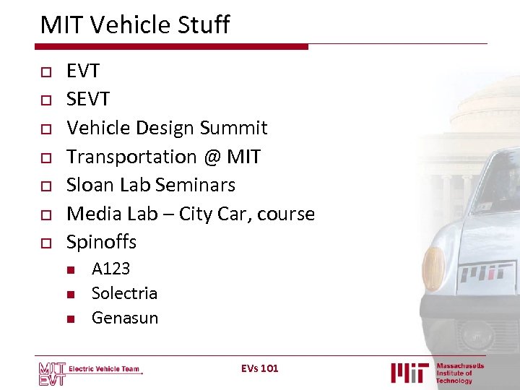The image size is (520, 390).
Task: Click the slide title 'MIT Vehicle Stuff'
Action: pyautogui.click(x=135, y=25)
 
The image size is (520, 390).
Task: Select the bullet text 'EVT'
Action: pyautogui.click(x=83, y=71)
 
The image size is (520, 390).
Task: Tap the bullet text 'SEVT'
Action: pyautogui.click(x=88, y=100)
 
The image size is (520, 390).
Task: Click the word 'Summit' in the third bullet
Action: pyautogui.click(x=233, y=128)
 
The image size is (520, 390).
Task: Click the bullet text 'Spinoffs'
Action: pyautogui.click(x=101, y=242)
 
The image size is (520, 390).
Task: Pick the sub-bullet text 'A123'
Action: pyautogui.click(x=110, y=269)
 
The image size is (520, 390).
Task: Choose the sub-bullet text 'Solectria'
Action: pyautogui.click(x=124, y=293)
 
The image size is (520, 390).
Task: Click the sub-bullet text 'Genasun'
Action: pyautogui.click(x=124, y=318)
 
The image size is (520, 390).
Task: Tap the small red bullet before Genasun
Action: pyautogui.click(x=71, y=318)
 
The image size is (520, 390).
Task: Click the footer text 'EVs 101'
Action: pyautogui.click(x=259, y=368)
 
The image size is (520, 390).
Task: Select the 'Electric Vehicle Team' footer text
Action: pyautogui.click(x=104, y=369)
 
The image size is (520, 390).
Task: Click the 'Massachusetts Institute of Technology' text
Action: pyautogui.click(x=459, y=373)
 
